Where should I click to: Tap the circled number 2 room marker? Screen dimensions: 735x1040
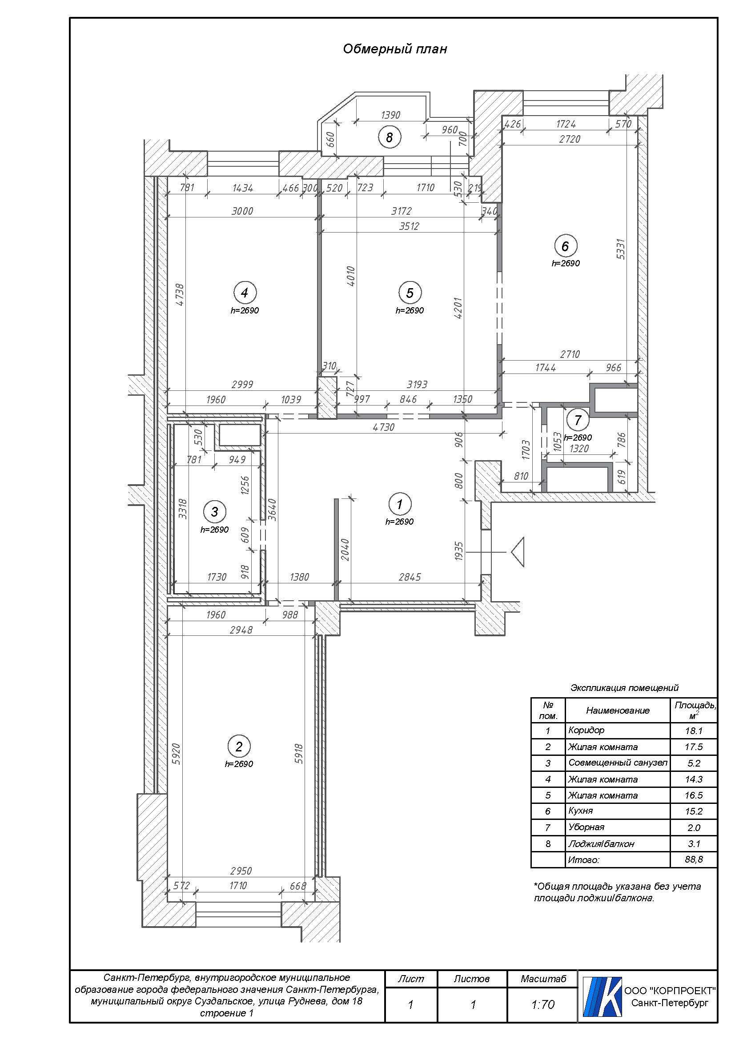[239, 747]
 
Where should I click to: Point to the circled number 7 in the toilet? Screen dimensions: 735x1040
[578, 420]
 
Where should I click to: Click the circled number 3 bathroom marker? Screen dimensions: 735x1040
[215, 512]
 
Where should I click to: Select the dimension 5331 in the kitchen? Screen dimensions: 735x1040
[621, 249]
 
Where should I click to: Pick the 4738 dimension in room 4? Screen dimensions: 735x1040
[180, 295]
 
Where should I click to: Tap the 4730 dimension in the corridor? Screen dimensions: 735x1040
[384, 427]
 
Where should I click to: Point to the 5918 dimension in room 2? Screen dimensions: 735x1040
[299, 754]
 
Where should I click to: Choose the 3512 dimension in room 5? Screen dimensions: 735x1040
[409, 226]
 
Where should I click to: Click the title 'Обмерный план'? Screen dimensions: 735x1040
[395, 49]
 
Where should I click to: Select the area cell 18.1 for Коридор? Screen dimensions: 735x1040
[693, 731]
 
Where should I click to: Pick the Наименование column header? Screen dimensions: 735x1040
[618, 710]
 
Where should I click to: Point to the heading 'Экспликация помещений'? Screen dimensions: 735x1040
[624, 688]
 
